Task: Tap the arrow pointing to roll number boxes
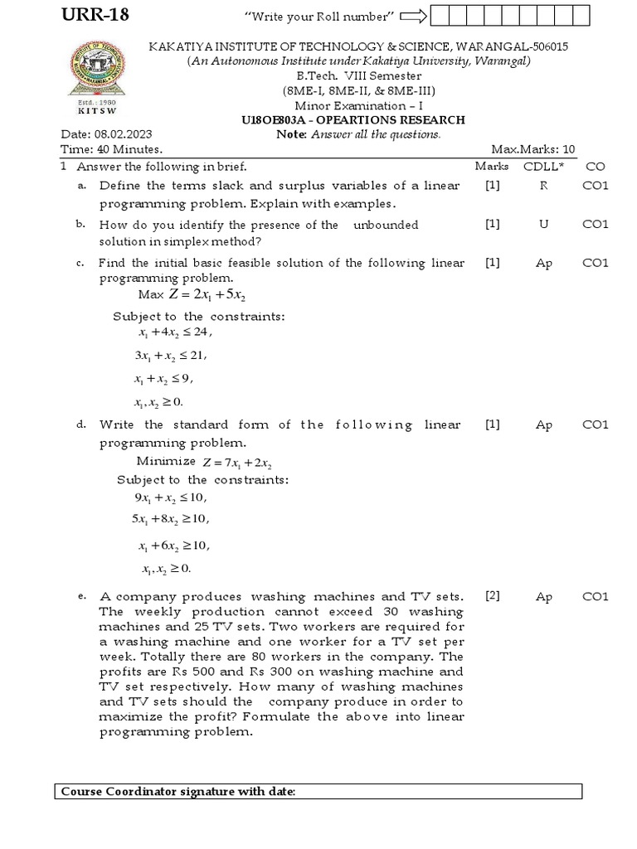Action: point(412,15)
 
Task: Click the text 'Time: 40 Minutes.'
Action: point(111,149)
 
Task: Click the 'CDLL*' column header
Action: point(543,166)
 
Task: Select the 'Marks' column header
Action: point(492,166)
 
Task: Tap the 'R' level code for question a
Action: point(544,186)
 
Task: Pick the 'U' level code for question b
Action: point(544,225)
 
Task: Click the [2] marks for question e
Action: point(493,596)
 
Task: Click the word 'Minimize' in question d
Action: point(166,461)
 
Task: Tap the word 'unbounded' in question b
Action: point(386,225)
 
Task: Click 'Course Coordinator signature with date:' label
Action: point(177,792)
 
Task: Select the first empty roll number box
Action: point(440,15)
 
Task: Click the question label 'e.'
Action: point(81,596)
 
